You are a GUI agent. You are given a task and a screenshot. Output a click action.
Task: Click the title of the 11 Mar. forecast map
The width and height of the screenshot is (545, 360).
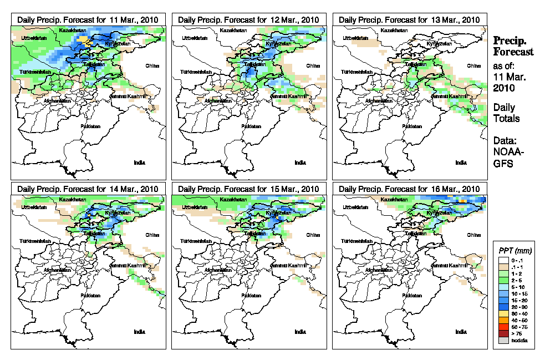(88, 19)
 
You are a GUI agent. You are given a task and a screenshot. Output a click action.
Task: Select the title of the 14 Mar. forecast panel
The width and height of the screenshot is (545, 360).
(88, 189)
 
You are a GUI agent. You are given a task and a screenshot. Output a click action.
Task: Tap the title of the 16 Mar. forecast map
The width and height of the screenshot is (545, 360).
(410, 189)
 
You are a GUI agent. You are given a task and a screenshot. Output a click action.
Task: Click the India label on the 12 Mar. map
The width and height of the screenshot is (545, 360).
(300, 163)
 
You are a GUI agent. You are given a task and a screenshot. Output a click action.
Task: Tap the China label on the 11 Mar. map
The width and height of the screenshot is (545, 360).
(152, 65)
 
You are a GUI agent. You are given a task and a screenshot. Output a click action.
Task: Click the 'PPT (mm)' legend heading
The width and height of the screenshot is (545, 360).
(512, 251)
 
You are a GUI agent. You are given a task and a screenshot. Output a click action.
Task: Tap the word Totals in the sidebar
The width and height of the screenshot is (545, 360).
(506, 119)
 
